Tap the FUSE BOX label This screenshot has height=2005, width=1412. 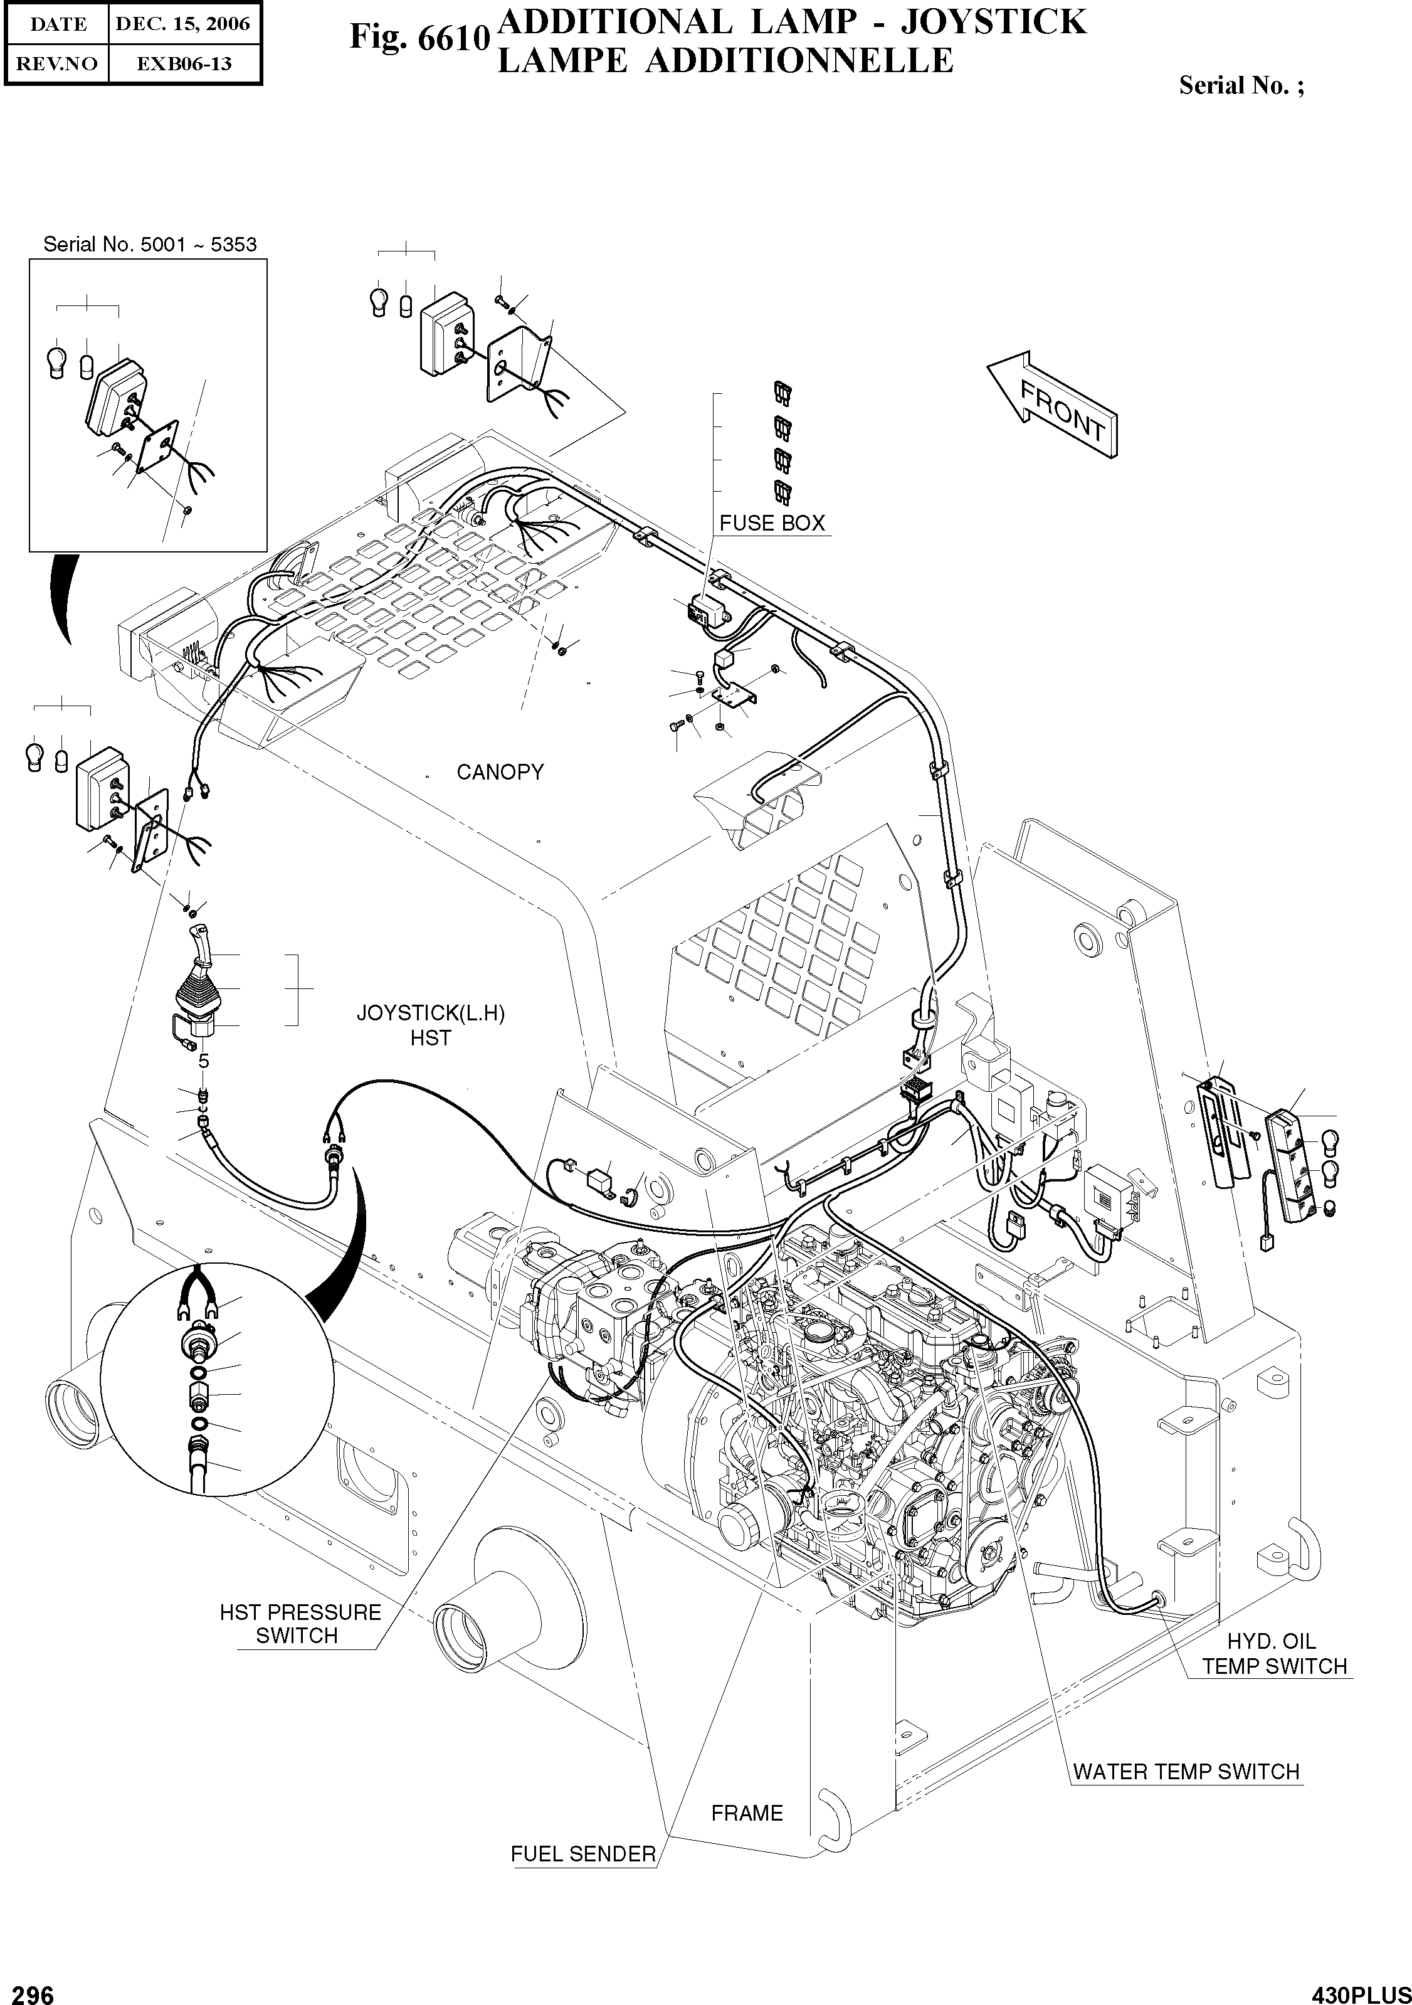point(771,523)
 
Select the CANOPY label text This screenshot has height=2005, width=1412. point(500,772)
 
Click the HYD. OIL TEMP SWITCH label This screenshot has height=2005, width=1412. point(1273,1654)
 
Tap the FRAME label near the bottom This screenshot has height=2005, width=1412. point(747,1813)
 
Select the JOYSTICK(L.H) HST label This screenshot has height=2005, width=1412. point(431,1025)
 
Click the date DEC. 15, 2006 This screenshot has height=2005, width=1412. point(182,24)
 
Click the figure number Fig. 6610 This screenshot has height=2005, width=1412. point(419,36)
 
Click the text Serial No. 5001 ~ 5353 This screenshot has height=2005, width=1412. point(149,245)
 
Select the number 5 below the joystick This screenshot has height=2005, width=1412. point(203,1062)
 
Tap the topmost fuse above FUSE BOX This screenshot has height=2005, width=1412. point(783,394)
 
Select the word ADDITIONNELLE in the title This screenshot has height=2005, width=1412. point(798,61)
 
